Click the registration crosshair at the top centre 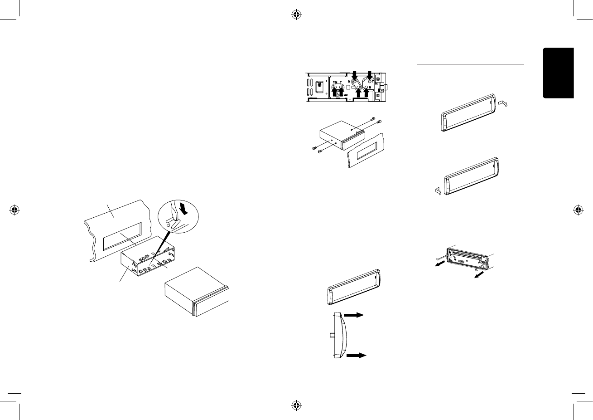point(296,14)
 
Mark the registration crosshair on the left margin point(15,210)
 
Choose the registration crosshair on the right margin point(578,210)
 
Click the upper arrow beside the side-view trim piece point(354,316)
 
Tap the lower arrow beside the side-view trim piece point(356,356)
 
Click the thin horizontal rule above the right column point(470,64)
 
